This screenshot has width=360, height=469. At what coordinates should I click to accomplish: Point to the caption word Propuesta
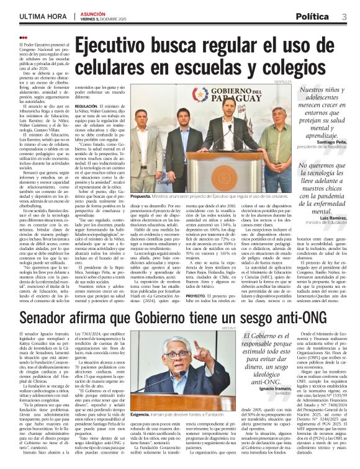click(140, 196)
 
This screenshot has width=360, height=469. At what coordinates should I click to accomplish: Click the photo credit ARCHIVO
click(230, 327)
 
